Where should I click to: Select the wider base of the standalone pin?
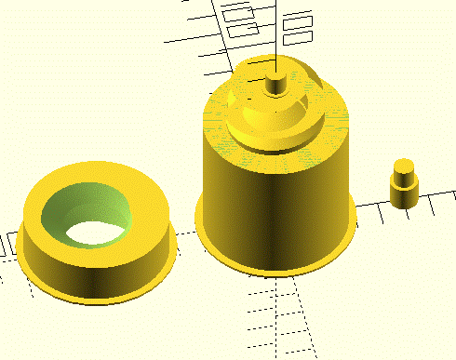point(403,195)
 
